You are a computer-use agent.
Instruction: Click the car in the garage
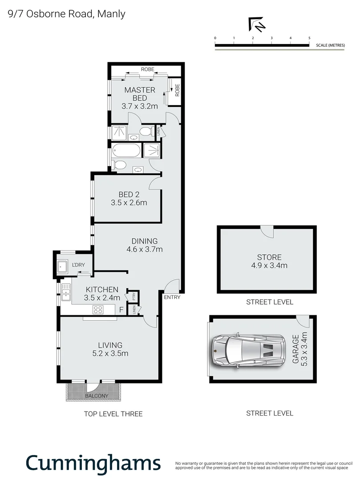(x=248, y=351)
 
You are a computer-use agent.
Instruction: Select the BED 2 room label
(x=129, y=198)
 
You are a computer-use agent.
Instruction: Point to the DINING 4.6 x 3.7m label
(x=144, y=245)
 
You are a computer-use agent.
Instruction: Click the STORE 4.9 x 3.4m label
(x=269, y=261)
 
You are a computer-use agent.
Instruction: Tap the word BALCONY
(x=96, y=396)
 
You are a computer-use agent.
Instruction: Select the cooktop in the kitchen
(x=98, y=310)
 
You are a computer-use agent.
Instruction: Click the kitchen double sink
(x=66, y=293)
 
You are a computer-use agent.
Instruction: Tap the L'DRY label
(x=79, y=265)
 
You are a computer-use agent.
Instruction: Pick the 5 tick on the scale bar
(x=309, y=39)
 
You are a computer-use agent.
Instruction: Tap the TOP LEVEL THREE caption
(x=113, y=414)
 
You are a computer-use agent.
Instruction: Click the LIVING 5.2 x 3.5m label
(x=110, y=349)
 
